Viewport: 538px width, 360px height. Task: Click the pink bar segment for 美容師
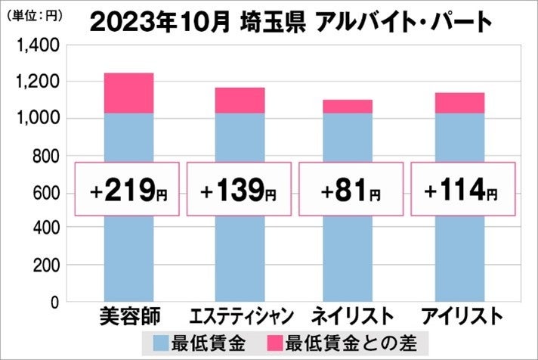(128, 93)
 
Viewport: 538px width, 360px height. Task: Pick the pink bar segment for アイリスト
(459, 103)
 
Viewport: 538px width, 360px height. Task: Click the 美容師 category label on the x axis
(128, 315)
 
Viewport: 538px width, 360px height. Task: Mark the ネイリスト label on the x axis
(350, 315)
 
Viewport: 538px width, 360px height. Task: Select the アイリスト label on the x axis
(460, 315)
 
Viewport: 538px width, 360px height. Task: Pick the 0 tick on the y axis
(54, 302)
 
